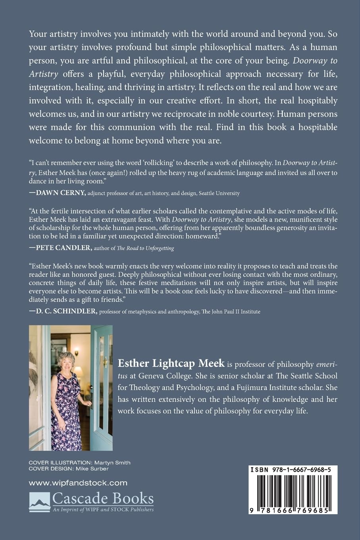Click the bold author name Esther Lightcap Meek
(171, 363)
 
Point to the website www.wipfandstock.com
(78, 483)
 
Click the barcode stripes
(293, 490)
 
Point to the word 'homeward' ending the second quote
(203, 236)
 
